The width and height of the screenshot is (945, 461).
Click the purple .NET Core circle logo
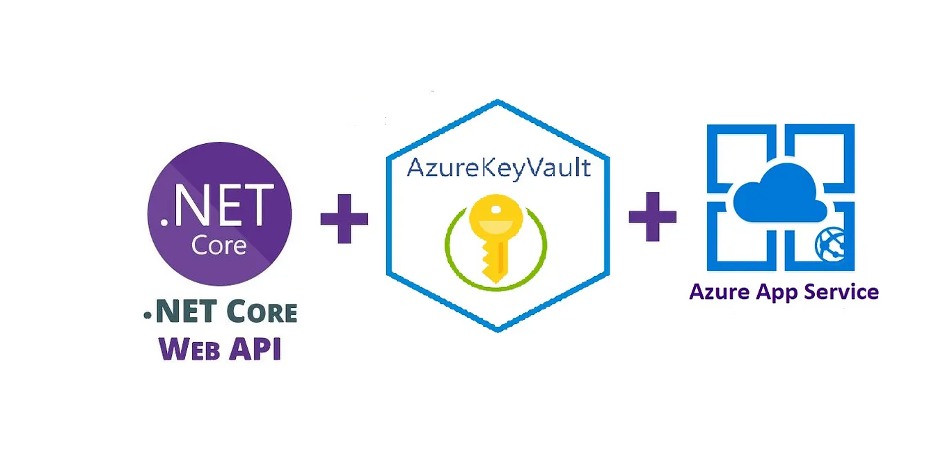pos(219,214)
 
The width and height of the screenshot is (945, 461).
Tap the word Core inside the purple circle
pos(219,245)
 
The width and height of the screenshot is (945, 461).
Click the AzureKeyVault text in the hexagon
pos(498,168)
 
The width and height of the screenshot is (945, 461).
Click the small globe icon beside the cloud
pos(829,244)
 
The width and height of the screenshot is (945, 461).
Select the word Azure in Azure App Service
pos(719,291)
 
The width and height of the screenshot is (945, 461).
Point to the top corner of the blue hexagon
pos(498,102)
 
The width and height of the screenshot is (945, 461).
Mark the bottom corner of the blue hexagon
pos(498,328)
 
